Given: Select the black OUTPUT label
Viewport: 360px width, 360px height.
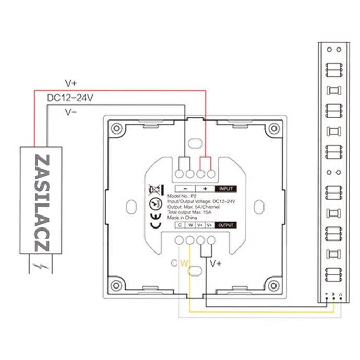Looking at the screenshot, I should (225, 225).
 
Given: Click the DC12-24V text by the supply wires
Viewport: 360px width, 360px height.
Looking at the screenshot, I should (70, 97).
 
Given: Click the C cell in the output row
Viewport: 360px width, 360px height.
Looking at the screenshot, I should (179, 225).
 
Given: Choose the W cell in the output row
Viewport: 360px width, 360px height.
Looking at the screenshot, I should (190, 225).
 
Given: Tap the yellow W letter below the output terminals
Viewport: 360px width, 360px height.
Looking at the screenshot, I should (183, 263).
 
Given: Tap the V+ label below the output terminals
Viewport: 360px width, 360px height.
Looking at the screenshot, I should (216, 263).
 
